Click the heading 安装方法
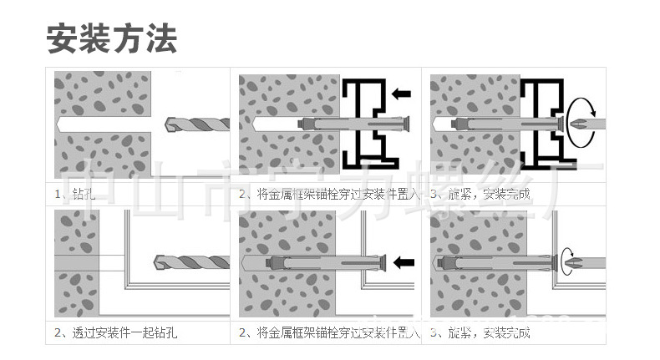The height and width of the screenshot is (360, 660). click(111, 38)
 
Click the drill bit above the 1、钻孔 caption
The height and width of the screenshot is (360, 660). click(195, 124)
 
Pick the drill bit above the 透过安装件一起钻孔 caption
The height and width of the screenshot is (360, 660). click(191, 261)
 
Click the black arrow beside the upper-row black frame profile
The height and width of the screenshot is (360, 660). click(402, 94)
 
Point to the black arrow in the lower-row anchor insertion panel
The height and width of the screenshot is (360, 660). click(404, 262)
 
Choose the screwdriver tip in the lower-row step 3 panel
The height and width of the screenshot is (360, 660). click(573, 262)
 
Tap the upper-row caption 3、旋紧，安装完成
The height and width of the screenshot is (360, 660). click(480, 195)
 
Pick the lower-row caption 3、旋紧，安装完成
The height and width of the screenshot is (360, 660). click(480, 333)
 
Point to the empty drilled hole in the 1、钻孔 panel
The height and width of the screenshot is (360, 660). click(100, 124)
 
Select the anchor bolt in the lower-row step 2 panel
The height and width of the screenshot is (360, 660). click(322, 262)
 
